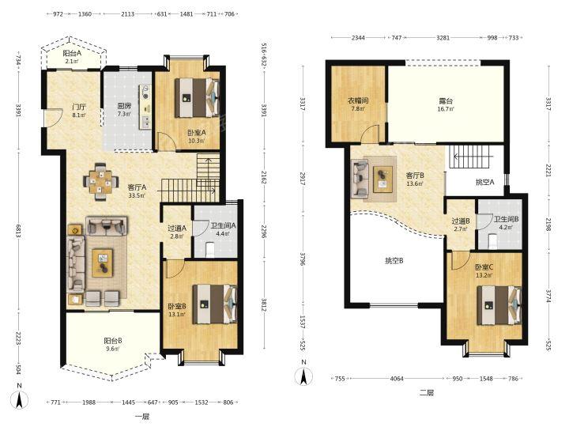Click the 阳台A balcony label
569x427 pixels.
[x=73, y=54]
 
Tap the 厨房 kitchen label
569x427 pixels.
[x=124, y=107]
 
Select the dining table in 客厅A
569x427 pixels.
[x=101, y=182]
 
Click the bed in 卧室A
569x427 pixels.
[x=197, y=97]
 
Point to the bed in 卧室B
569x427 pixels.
[x=214, y=304]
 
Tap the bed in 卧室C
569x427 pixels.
[x=499, y=305]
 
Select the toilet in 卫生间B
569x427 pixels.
[x=492, y=241]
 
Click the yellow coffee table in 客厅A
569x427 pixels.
[x=102, y=263]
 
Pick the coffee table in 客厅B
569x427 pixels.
[x=382, y=179]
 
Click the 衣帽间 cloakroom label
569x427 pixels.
[x=358, y=100]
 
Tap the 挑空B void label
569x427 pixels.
[x=394, y=261]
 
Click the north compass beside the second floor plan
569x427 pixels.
[x=303, y=376]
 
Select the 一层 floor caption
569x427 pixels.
[x=142, y=417]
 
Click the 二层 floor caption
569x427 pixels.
[x=427, y=392]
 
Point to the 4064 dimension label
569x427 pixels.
[x=397, y=378]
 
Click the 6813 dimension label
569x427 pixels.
[x=18, y=230]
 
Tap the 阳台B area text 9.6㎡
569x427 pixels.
[x=112, y=349]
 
